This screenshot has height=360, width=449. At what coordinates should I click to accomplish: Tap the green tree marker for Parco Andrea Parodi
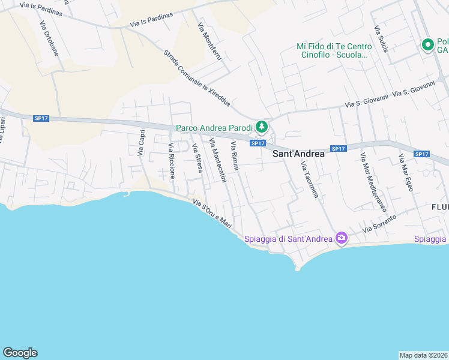coord(261,127)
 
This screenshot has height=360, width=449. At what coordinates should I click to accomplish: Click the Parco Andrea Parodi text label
coord(214,127)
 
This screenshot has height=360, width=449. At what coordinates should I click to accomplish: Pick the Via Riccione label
coord(172,161)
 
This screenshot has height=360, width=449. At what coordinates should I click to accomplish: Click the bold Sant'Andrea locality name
coord(298,154)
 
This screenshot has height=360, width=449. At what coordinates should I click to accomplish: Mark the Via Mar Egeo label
coord(406,173)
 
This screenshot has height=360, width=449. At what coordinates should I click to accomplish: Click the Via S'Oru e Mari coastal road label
coord(212,214)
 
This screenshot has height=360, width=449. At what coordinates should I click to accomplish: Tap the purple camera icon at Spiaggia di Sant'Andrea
coord(342,239)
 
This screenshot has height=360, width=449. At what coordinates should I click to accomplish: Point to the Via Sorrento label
coord(380,224)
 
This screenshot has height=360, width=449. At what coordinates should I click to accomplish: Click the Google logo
coord(20,353)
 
